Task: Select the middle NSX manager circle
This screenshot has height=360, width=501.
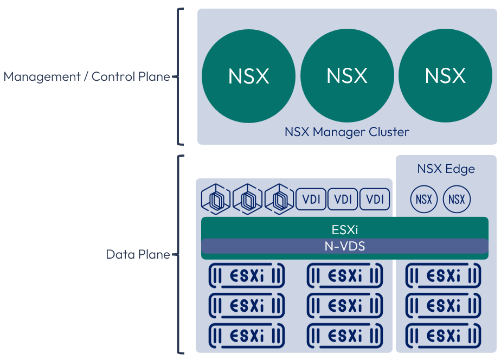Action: click(347, 76)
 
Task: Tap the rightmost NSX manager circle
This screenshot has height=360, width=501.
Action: click(445, 76)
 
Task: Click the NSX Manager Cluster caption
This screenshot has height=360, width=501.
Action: click(347, 132)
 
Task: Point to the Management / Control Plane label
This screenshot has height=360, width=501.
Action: click(87, 76)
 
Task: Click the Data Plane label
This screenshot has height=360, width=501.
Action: click(138, 254)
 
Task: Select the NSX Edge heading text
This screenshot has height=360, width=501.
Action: click(446, 169)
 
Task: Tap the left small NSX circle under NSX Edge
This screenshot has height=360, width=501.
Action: click(425, 199)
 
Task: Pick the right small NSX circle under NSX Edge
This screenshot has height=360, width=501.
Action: click(457, 199)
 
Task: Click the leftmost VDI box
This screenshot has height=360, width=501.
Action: click(311, 199)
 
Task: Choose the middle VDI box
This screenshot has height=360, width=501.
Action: click(343, 199)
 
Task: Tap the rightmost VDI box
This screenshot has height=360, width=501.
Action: click(375, 199)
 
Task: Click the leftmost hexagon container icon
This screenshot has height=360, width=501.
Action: click(216, 200)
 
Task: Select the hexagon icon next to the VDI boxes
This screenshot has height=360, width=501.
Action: click(279, 200)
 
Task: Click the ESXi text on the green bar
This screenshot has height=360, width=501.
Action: click(345, 229)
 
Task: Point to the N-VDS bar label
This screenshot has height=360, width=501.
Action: click(345, 246)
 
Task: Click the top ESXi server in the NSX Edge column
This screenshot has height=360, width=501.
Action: click(444, 275)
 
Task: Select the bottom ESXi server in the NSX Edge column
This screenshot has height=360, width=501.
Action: click(444, 335)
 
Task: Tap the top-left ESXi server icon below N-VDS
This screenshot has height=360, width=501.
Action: click(247, 275)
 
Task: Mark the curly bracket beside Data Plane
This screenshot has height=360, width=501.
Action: click(180, 254)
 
